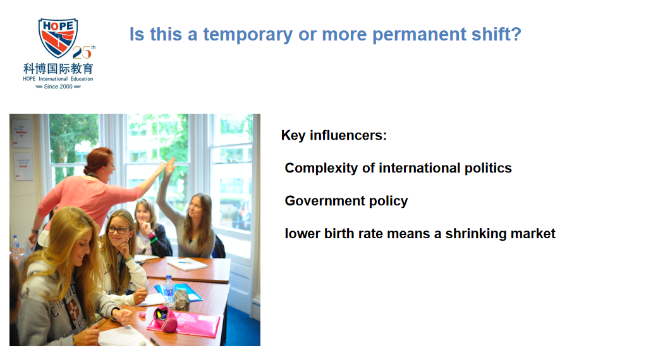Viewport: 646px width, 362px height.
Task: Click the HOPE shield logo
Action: tap(58, 37)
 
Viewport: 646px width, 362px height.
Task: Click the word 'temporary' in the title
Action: tap(248, 35)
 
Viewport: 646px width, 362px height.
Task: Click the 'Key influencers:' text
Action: tap(334, 135)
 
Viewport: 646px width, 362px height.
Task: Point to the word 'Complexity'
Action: tap(321, 168)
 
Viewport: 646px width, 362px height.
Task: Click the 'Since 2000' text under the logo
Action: tap(58, 87)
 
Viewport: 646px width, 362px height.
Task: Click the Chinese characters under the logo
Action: tap(58, 68)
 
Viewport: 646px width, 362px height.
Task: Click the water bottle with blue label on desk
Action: tap(169, 289)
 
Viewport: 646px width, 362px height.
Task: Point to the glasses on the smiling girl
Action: tap(119, 230)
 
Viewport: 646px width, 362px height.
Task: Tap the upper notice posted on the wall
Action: tap(21, 133)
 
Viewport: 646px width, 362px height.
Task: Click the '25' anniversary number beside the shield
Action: tap(82, 52)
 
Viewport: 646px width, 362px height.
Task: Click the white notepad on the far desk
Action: tap(186, 264)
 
